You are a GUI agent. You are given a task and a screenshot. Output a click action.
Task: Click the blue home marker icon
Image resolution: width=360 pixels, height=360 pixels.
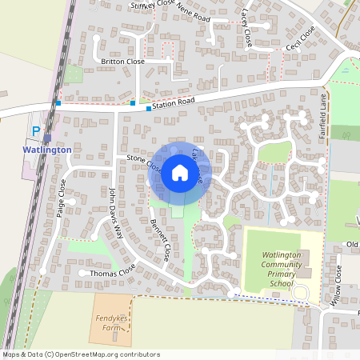tap(180, 173)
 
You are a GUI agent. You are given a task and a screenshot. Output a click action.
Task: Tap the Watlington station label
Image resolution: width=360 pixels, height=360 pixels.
tap(47, 150)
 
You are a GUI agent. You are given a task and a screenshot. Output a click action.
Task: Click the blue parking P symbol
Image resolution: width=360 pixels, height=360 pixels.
tap(35, 130)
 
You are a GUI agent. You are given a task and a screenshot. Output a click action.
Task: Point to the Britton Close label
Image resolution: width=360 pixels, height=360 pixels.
tap(122, 61)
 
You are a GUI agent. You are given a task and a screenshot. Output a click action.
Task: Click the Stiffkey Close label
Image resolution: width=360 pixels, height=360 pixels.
tap(152, 5)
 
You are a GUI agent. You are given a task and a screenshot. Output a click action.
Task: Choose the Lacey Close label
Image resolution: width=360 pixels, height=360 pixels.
tap(246, 26)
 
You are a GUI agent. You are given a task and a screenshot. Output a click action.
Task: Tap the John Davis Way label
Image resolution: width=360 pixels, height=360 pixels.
tap(116, 214)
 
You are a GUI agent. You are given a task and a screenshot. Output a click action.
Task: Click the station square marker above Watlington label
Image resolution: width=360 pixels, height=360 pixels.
tap(47, 138)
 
